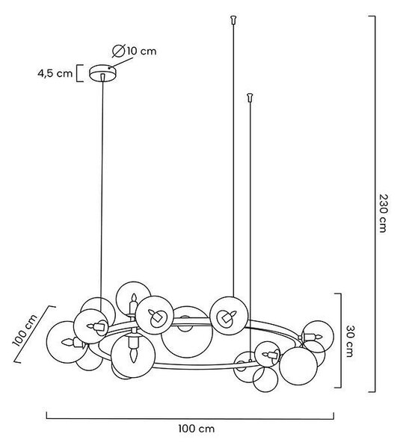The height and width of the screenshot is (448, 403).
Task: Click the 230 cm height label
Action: (x=383, y=213)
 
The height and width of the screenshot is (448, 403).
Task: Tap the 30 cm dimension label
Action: (x=349, y=341)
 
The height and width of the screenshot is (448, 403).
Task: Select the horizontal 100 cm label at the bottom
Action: (x=196, y=429)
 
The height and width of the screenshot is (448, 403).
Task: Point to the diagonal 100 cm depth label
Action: (x=25, y=330)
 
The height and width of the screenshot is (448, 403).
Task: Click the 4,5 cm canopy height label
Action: (x=55, y=73)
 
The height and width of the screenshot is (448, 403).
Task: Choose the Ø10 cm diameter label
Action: (x=135, y=51)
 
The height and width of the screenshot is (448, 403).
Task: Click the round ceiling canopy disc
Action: (x=103, y=73)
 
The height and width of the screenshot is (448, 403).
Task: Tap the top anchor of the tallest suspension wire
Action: (x=234, y=19)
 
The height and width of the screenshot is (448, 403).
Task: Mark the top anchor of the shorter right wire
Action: (x=250, y=97)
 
